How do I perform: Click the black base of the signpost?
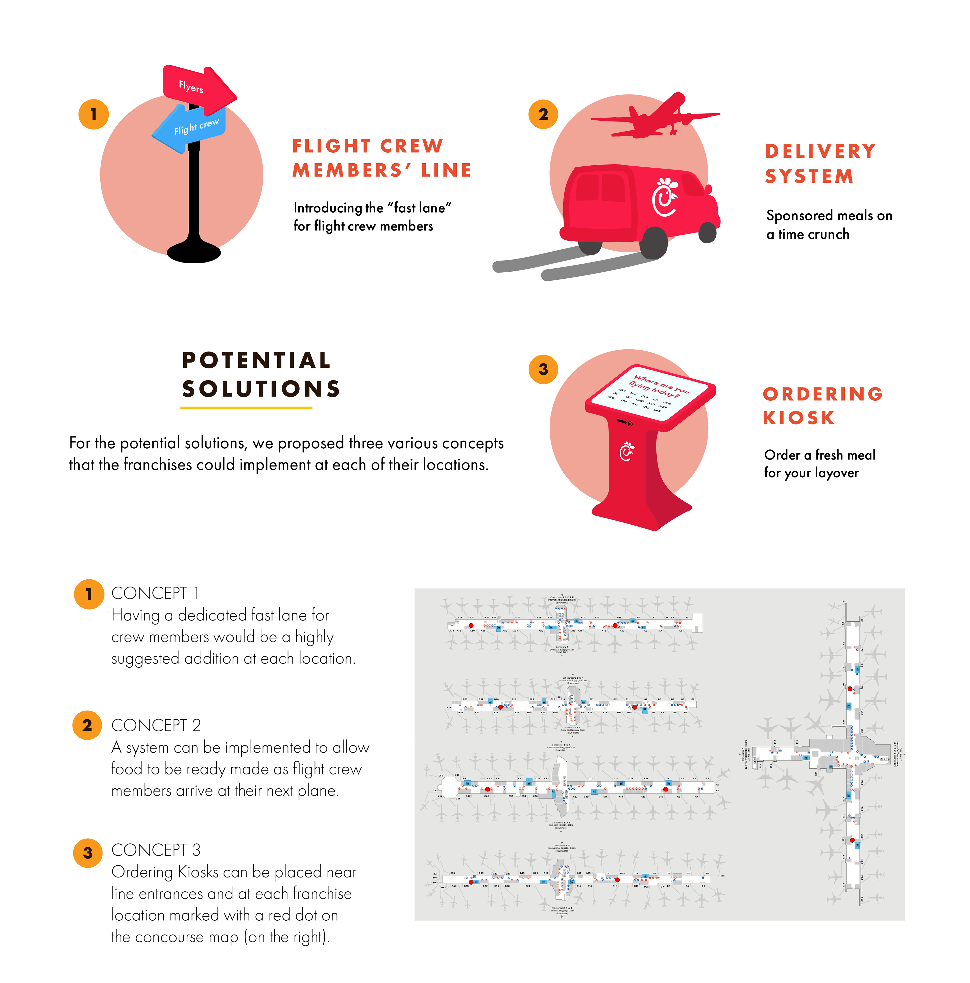click(193, 252)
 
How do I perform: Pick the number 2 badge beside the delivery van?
click(543, 114)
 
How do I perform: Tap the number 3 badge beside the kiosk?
click(543, 369)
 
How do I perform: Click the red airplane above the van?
click(657, 117)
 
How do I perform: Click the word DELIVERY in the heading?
click(820, 151)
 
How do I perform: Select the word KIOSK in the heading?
click(798, 418)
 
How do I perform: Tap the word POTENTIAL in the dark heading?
click(256, 360)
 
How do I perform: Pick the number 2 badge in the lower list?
click(87, 725)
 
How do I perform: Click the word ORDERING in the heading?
click(822, 394)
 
